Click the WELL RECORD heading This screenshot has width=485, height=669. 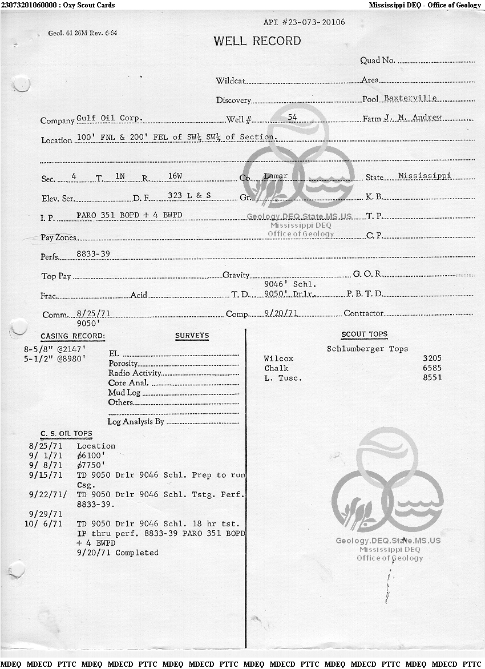[257, 41]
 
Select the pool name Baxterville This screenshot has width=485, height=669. [410, 98]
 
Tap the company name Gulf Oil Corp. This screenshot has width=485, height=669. [109, 118]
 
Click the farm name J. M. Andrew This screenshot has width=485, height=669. [413, 118]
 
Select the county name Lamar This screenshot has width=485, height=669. [276, 176]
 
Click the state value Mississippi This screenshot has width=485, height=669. [425, 175]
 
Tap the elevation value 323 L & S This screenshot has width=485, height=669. [189, 195]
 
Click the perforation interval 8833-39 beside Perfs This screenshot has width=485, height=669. [93, 253]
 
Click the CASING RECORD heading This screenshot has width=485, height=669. [72, 336]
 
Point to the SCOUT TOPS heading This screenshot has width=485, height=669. [364, 334]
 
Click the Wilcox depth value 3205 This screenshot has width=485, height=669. [432, 358]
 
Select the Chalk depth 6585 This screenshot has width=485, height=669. [432, 368]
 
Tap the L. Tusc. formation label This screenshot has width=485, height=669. [283, 378]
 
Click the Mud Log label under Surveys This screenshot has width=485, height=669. [124, 393]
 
